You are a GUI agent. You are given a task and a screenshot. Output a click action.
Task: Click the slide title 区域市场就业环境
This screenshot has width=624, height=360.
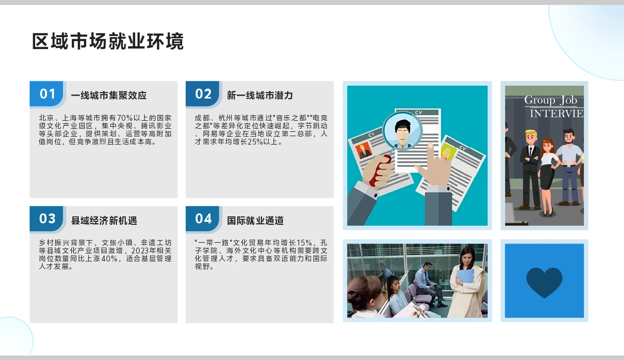pyautogui.click(x=107, y=42)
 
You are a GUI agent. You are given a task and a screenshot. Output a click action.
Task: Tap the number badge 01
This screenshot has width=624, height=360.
pyautogui.click(x=48, y=94)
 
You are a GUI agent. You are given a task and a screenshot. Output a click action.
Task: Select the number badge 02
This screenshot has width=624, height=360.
pyautogui.click(x=204, y=94)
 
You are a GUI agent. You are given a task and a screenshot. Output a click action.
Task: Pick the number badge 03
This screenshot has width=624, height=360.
pyautogui.click(x=48, y=219)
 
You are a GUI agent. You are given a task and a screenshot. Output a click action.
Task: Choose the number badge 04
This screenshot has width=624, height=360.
pyautogui.click(x=204, y=219)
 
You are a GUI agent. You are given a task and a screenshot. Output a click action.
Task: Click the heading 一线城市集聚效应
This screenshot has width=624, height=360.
pyautogui.click(x=108, y=96)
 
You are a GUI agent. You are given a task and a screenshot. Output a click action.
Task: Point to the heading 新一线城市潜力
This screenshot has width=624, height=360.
pyautogui.click(x=260, y=96)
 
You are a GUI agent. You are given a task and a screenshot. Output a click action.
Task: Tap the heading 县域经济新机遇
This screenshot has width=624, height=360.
pyautogui.click(x=104, y=221)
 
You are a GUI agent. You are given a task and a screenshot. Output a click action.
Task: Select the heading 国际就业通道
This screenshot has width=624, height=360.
pyautogui.click(x=255, y=221)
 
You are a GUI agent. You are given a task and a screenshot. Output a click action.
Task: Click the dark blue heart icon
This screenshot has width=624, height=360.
pyautogui.click(x=544, y=282)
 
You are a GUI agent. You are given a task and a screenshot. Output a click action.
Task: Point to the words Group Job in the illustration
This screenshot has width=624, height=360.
pyautogui.click(x=551, y=101)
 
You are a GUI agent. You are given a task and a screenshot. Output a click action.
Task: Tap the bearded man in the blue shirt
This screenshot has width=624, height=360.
pyautogui.click(x=569, y=163)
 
